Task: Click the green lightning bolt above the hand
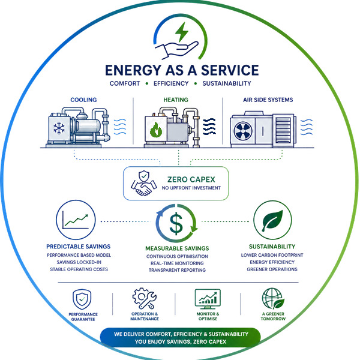[182, 32]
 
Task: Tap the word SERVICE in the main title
[230, 70]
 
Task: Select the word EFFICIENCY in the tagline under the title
[171, 83]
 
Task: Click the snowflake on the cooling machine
[59, 128]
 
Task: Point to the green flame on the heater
[155, 130]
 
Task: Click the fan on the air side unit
[243, 131]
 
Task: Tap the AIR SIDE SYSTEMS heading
[268, 100]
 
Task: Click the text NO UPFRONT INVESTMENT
[191, 188]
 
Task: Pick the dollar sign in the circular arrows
[176, 223]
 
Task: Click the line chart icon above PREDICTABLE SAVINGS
[76, 220]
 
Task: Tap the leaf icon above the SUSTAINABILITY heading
[272, 220]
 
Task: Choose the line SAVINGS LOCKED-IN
[79, 262]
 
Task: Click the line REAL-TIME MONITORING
[177, 263]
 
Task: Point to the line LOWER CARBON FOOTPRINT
[272, 255]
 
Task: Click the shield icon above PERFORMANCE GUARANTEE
[82, 299]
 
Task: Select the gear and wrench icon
[145, 298]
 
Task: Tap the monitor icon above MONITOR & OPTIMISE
[208, 299]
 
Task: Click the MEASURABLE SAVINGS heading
[177, 248]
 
